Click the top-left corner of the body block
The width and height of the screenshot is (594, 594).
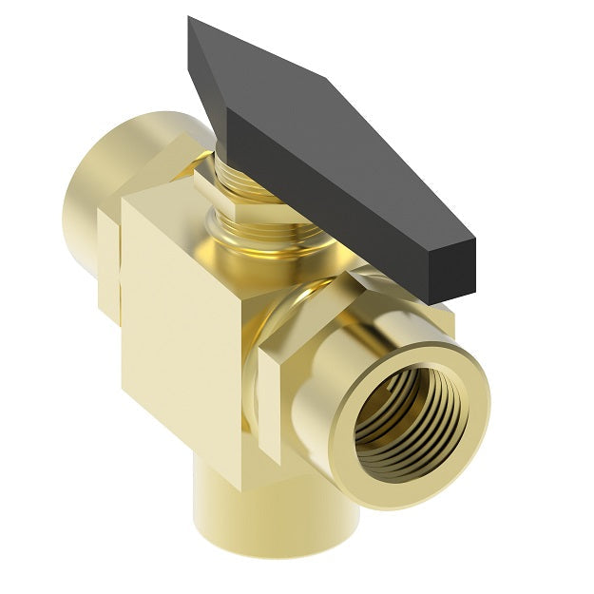coord(125,201)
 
